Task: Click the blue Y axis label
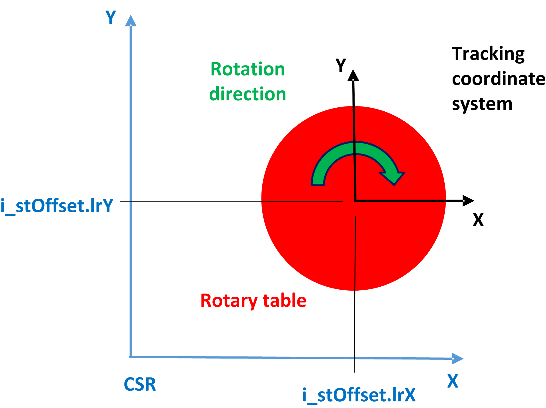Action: click(111, 17)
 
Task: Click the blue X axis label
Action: click(453, 381)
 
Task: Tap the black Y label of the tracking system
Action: click(341, 65)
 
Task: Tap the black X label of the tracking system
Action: click(478, 220)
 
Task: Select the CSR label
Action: click(140, 384)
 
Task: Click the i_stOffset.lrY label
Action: click(57, 206)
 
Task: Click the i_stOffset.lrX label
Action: click(359, 395)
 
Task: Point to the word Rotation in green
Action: click(248, 69)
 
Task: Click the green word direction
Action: click(248, 94)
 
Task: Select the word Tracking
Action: click(488, 54)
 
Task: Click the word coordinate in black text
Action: click(498, 79)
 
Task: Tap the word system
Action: click(482, 104)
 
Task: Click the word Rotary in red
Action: click(229, 301)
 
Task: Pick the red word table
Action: click(284, 301)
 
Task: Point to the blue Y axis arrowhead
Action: click(131, 21)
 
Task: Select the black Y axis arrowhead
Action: click(353, 76)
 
